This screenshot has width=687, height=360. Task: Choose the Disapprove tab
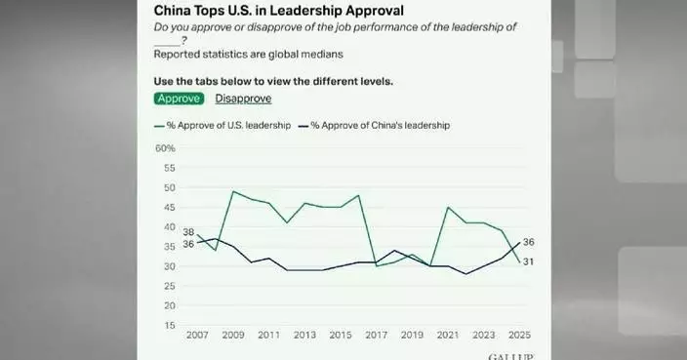coord(243,98)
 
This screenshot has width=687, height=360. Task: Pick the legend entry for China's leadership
coord(380,125)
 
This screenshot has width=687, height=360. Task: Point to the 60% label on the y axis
coord(164,148)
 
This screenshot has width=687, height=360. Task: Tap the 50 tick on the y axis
coord(169,187)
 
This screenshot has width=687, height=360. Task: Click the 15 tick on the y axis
coord(169,326)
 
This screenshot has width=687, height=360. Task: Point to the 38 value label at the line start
coord(189,232)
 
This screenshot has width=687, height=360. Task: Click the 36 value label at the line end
coord(529,242)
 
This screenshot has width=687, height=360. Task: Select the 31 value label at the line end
coord(529,261)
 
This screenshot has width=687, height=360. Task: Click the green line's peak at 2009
coord(231,191)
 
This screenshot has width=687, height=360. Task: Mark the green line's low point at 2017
coord(375,266)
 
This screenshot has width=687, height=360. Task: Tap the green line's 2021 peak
coord(447,208)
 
